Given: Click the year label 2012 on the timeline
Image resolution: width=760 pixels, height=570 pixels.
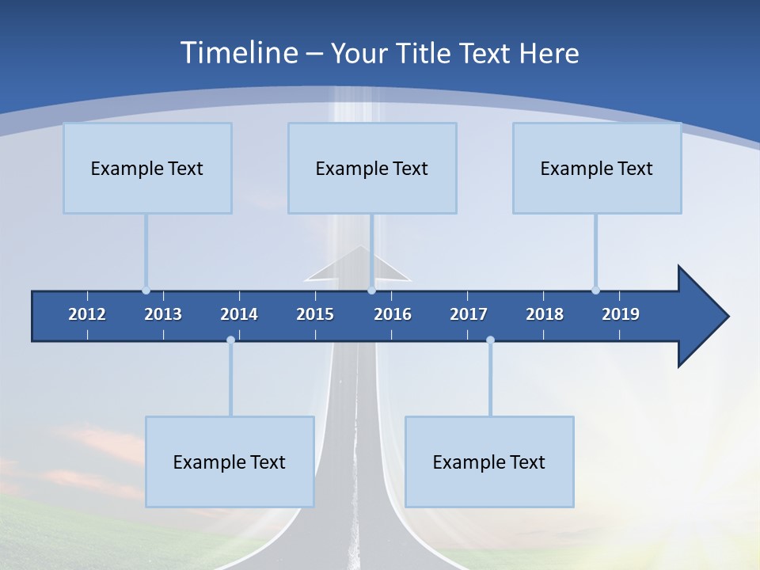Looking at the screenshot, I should pos(87,314).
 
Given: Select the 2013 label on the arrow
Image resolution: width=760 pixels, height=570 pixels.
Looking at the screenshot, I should pos(163,314).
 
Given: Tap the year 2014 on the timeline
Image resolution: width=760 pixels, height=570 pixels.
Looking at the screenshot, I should pos(239,314).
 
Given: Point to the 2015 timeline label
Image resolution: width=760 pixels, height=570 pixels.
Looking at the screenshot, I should pos(315,314).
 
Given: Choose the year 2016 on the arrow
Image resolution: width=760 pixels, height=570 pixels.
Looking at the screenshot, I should pos(393,314).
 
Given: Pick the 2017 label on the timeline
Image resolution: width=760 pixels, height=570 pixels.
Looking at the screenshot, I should pos(469,314).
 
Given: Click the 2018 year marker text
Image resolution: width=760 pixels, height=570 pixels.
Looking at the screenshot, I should pos(545,314).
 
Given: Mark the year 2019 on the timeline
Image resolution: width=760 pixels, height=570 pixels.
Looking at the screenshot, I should pos(621,314).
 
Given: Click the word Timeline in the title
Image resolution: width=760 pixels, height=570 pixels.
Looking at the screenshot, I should pos(237,53).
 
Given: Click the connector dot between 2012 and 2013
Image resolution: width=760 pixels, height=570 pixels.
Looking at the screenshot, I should pos(146,290).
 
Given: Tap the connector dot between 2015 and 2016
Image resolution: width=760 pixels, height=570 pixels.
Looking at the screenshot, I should pos(371,290).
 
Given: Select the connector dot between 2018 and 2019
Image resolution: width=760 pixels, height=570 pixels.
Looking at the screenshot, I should pos(595,290).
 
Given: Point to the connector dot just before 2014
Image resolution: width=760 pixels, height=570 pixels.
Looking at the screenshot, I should pos(230,340).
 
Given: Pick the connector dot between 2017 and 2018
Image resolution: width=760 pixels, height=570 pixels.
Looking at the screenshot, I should pos(490,340).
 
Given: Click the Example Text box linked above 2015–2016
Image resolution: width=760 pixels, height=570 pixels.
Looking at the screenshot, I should pos(372,168).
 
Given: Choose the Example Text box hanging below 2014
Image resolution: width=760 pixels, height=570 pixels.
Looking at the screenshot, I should pos(230,462).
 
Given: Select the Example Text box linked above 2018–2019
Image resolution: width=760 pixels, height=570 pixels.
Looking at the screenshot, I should pos(597,168).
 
